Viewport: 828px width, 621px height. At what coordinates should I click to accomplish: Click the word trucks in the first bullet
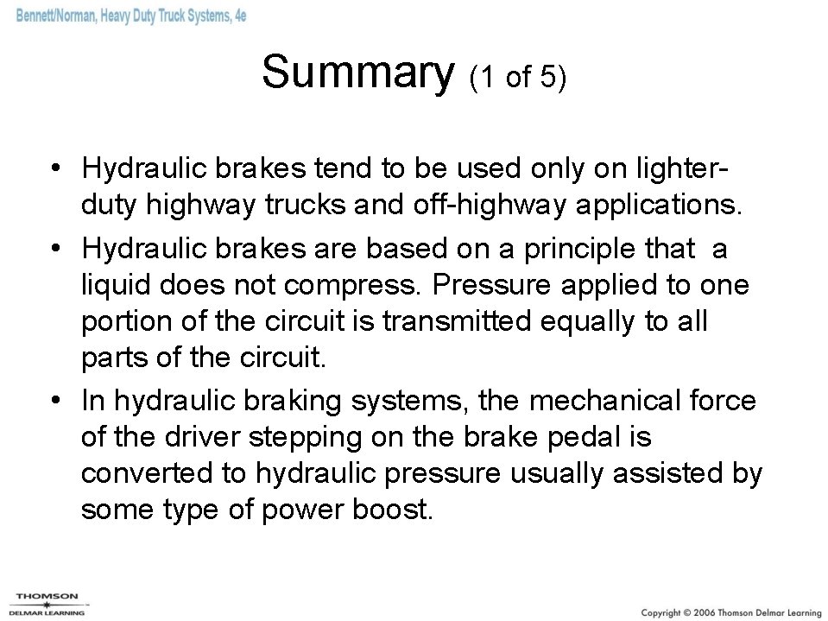(x=320, y=206)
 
